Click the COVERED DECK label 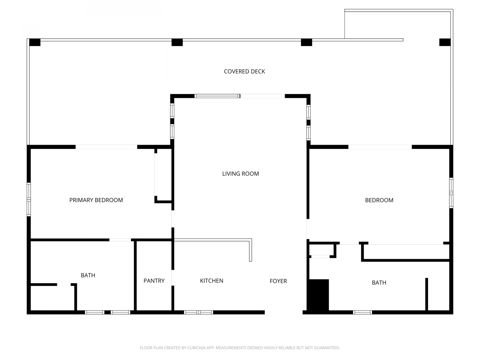(244, 71)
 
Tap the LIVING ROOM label (240, 174)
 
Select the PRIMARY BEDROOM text (96, 200)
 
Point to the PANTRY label (154, 281)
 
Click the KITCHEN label (211, 281)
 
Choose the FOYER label (278, 281)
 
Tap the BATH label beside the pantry (88, 275)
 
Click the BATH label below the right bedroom (379, 283)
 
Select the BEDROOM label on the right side (379, 200)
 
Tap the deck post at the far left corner (35, 42)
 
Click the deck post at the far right (445, 42)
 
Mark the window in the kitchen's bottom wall (198, 312)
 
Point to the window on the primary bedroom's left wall (29, 199)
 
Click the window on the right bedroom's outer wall (451, 193)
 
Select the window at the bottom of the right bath (362, 312)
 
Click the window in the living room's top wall (217, 96)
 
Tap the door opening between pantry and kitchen (173, 278)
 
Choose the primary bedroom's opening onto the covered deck (106, 147)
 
